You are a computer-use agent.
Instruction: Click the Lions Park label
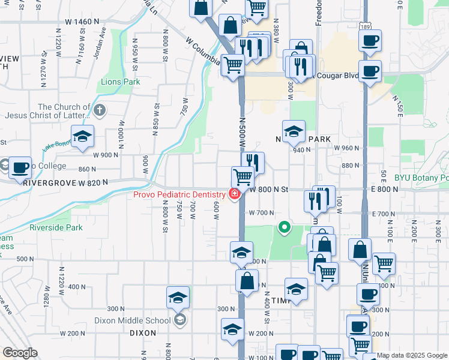click(121, 82)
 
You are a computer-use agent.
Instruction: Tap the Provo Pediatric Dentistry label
click(178, 194)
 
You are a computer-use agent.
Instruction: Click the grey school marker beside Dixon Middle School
click(179, 320)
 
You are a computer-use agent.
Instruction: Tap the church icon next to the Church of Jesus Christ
click(100, 110)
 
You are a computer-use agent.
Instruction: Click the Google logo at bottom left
click(20, 352)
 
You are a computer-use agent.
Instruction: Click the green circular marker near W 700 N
click(285, 227)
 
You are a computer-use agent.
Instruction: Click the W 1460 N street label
click(82, 22)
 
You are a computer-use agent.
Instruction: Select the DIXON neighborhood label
click(143, 332)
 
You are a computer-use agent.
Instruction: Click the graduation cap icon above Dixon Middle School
click(178, 298)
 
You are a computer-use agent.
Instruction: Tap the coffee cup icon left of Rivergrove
click(20, 168)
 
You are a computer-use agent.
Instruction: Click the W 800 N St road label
click(268, 189)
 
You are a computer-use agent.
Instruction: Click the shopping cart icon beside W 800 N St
click(243, 178)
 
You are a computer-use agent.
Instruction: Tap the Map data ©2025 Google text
click(412, 355)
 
